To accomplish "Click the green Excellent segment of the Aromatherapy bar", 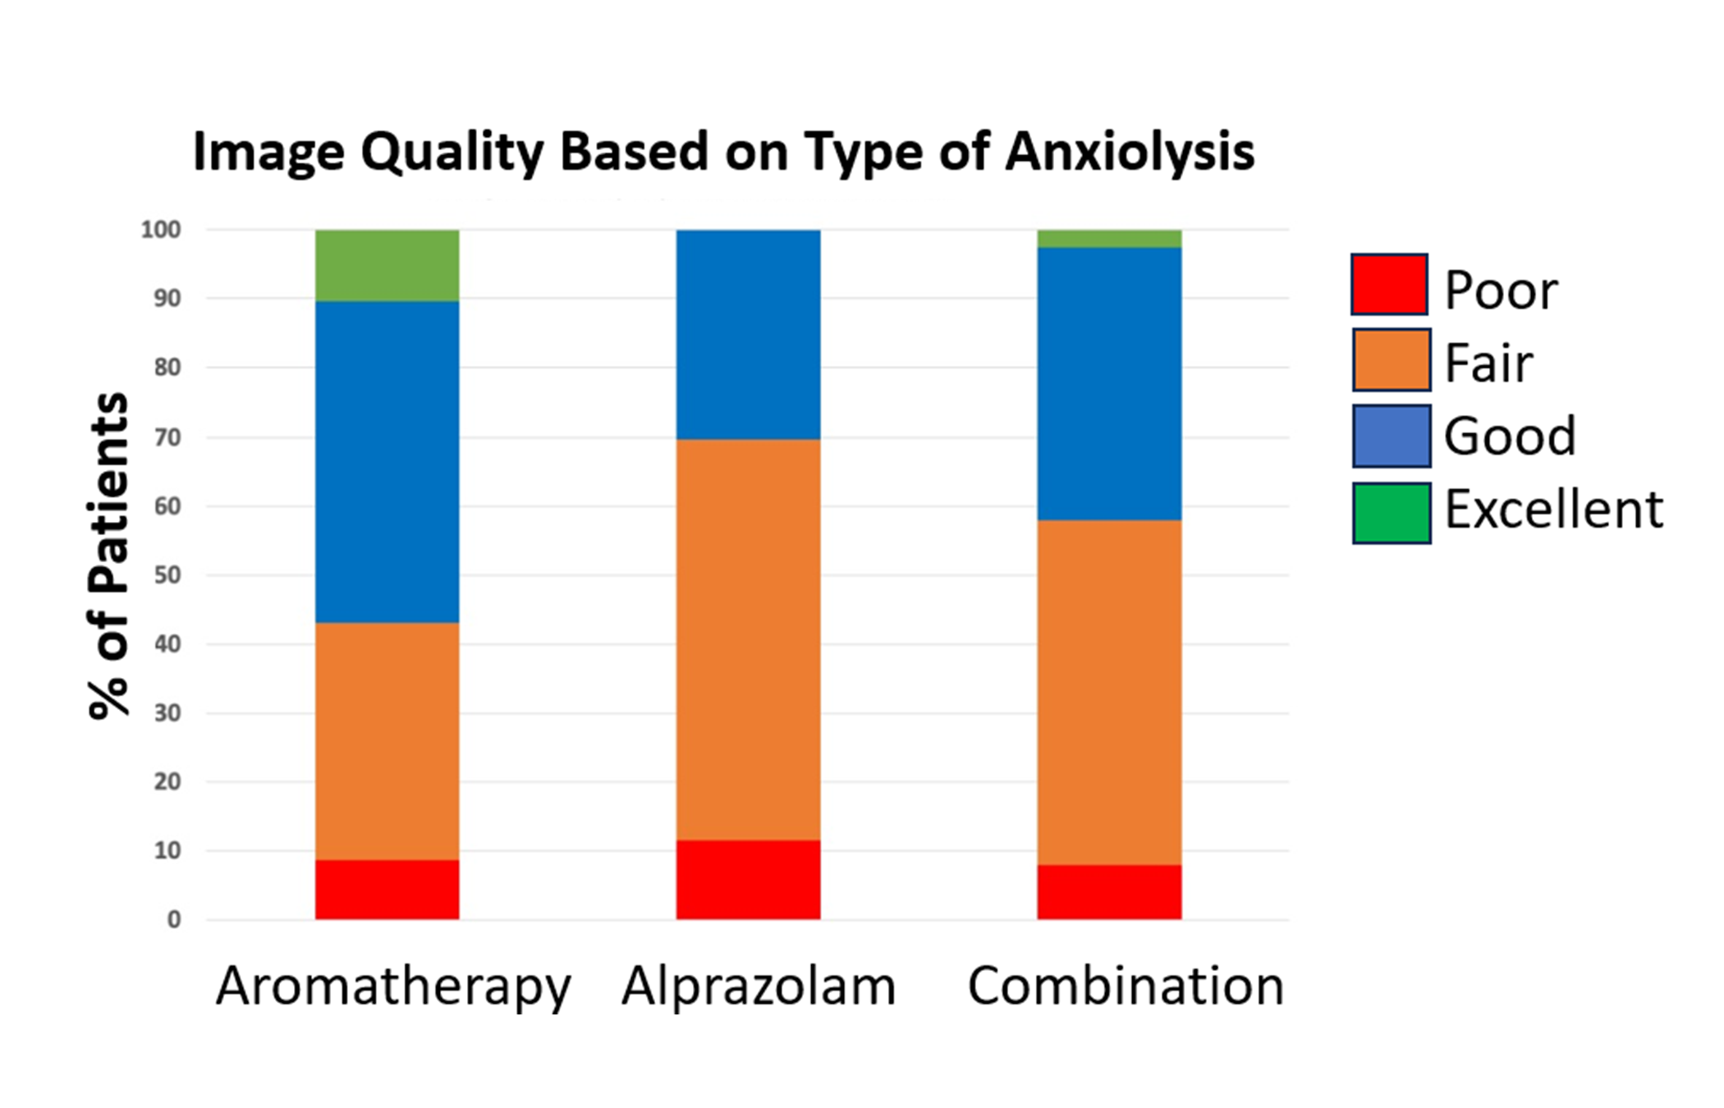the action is [x=387, y=265].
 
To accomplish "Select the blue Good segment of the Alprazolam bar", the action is [x=748, y=335].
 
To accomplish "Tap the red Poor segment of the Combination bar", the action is [x=1109, y=892].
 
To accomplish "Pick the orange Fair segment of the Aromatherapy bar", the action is [x=387, y=741].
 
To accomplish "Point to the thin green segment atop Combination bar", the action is [x=1109, y=239].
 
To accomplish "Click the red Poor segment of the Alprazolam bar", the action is [x=748, y=880].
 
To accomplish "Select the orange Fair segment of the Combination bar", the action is [x=1109, y=693].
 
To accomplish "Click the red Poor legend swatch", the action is [x=1389, y=284].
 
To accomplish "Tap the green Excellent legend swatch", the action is [x=1392, y=513].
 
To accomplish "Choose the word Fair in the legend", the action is [x=1488, y=363].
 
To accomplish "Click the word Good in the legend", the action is [x=1510, y=436].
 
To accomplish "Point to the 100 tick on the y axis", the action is [x=161, y=230].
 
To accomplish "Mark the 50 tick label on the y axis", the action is [x=167, y=575].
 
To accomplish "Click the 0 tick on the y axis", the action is [x=174, y=920].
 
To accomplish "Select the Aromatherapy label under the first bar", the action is [x=393, y=987].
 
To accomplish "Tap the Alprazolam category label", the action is [x=759, y=985].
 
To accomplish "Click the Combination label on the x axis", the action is [x=1126, y=985].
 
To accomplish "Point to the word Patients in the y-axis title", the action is [x=108, y=492].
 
